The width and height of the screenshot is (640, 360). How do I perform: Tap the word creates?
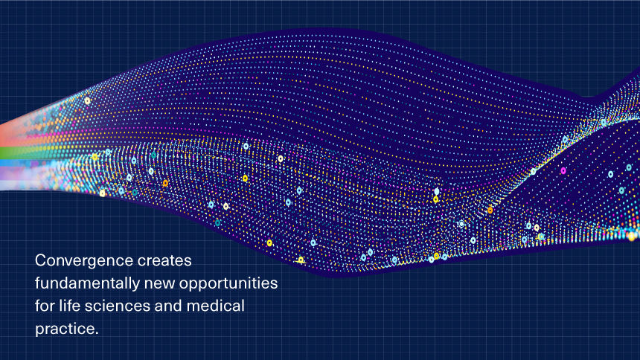pos(164,260)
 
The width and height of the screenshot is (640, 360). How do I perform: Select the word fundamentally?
pos(87,283)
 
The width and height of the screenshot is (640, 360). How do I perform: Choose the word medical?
pos(216,306)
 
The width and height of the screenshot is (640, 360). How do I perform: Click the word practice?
pos(65,329)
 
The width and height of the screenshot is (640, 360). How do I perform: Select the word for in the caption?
pos(45,306)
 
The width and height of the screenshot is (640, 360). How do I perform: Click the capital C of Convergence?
pos(41,260)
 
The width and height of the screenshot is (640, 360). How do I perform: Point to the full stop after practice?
pos(96,333)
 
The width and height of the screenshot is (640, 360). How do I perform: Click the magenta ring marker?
pos(563,170)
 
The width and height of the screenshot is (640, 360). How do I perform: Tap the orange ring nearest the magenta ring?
pos(490,210)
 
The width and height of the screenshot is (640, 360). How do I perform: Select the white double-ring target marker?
pos(461,224)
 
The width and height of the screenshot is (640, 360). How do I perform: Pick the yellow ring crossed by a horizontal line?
pos(301,260)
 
